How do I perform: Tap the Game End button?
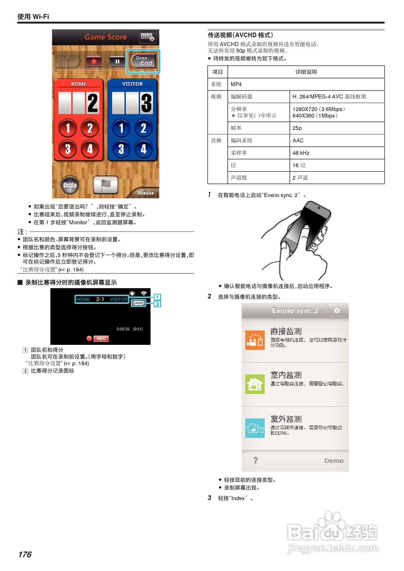click(x=143, y=61)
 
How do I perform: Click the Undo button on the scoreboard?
click(x=70, y=185)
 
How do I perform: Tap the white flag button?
click(x=105, y=185)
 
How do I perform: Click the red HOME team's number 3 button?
click(x=68, y=149)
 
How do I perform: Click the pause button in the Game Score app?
click(x=117, y=61)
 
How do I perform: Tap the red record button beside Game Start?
click(x=94, y=61)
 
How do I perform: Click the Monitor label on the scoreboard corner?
click(x=146, y=193)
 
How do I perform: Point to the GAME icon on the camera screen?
click(x=138, y=303)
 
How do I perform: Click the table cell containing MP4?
click(x=306, y=84)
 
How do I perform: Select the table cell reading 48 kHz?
click(x=337, y=153)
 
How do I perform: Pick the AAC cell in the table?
click(x=337, y=141)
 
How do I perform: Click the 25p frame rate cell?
click(x=337, y=128)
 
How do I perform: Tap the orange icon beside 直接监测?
click(x=255, y=340)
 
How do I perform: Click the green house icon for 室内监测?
click(x=255, y=384)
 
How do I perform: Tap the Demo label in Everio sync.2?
click(x=333, y=460)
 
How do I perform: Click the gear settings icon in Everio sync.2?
click(x=337, y=310)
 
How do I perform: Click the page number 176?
click(x=25, y=554)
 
